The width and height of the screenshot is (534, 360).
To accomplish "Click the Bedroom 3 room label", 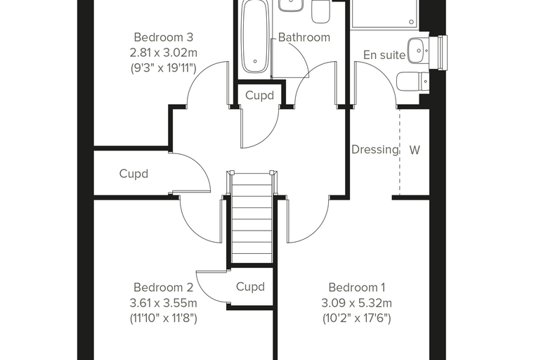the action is [x=164, y=37].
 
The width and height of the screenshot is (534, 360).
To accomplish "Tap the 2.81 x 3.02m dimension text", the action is [x=164, y=53].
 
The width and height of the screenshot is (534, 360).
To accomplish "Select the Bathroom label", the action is [x=304, y=37].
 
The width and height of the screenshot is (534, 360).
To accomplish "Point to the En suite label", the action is [x=384, y=55].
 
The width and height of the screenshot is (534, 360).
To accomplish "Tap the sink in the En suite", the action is [x=418, y=51].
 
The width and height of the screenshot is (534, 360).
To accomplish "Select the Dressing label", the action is [x=375, y=149].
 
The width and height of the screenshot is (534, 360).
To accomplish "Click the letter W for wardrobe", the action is [x=415, y=150].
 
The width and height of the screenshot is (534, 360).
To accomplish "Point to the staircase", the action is [x=252, y=217].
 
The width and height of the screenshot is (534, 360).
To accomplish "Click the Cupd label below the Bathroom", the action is [x=259, y=96].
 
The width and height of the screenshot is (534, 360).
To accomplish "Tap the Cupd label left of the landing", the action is [x=133, y=174].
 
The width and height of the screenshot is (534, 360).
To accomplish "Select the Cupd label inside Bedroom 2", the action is [x=250, y=287].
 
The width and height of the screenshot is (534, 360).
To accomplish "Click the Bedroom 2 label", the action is [x=164, y=288].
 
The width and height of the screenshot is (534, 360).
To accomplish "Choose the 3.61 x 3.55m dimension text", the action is [x=164, y=303].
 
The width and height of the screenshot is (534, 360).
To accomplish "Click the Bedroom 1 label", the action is [x=357, y=288].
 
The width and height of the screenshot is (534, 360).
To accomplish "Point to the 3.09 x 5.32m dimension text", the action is [x=356, y=303].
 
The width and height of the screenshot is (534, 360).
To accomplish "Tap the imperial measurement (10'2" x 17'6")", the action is [x=356, y=319].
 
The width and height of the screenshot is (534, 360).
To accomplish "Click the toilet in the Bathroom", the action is [x=321, y=11].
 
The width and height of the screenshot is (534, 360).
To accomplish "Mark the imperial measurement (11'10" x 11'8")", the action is [x=164, y=319].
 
